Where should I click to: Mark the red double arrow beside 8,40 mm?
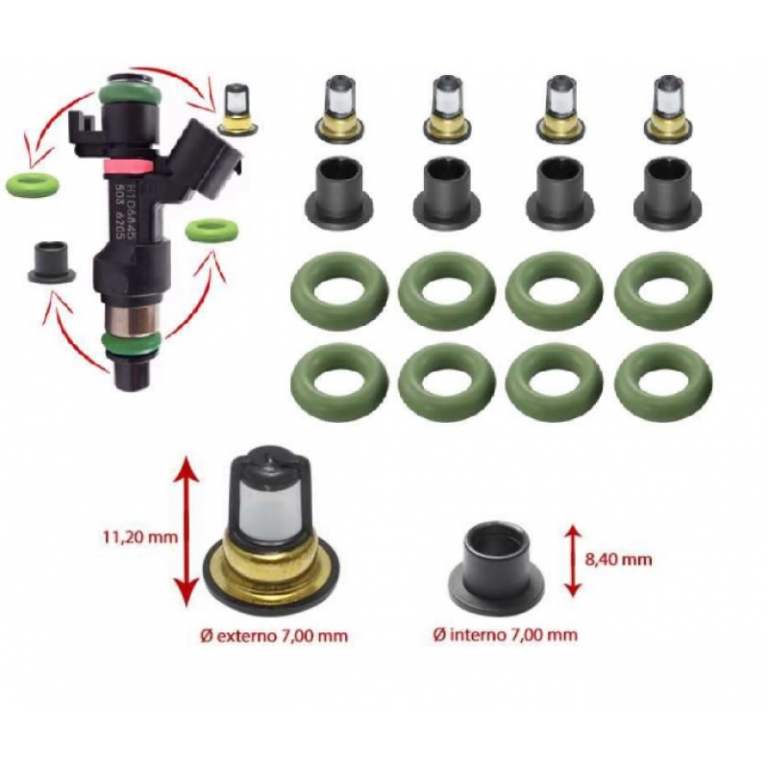pyautogui.click(x=574, y=560)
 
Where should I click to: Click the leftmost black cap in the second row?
pyautogui.click(x=338, y=190)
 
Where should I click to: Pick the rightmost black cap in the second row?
pyautogui.click(x=665, y=190)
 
